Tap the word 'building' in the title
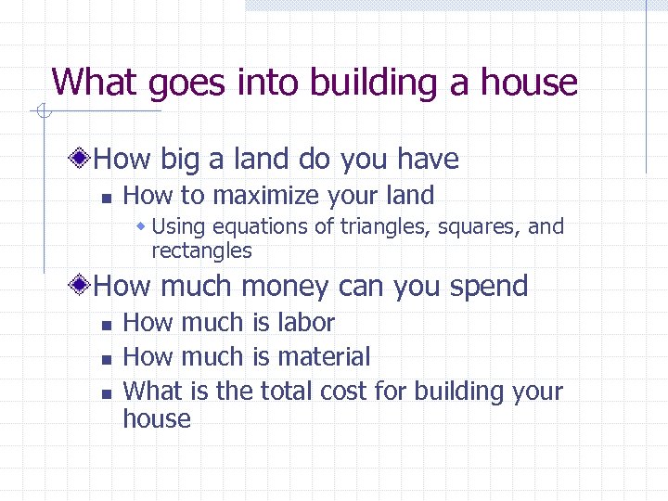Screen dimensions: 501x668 click(361, 83)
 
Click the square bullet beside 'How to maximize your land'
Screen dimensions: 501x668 click(106, 197)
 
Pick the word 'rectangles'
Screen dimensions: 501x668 click(201, 250)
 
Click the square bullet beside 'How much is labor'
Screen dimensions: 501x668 click(106, 325)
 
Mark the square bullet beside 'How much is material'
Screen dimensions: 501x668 click(106, 359)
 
